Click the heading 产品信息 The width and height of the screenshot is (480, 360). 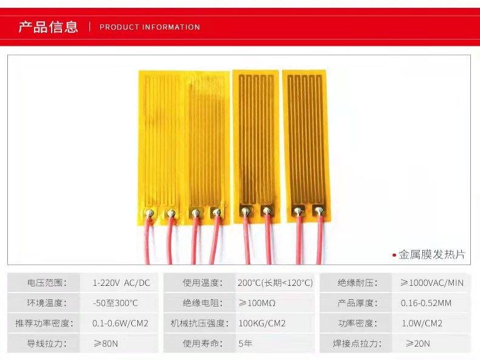tap(49, 27)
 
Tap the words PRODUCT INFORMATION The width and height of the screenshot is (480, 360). tap(149, 27)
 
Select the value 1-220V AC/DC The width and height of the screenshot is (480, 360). tap(121, 283)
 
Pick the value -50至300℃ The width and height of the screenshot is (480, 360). tap(115, 303)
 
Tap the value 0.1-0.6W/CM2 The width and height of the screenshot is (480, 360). tap(120, 323)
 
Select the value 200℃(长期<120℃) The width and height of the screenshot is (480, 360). tap(275, 283)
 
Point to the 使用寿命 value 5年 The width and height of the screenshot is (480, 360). tap(245, 343)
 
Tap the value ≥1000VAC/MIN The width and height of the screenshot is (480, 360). tap(431, 283)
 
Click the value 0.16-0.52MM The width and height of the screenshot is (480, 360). tap(426, 303)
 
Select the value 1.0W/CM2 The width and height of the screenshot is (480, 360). tap(422, 323)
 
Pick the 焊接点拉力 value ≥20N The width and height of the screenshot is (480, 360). tap(415, 343)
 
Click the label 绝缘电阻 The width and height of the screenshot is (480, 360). tap(201, 303)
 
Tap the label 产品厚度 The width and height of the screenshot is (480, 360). tap(357, 303)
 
